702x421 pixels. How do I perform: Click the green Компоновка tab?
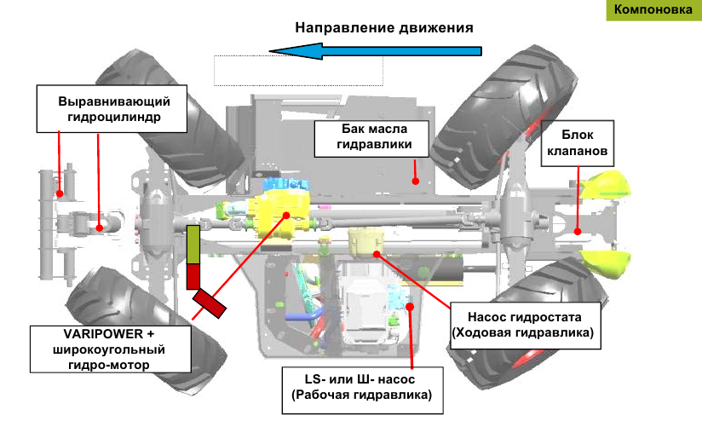pos(652,10)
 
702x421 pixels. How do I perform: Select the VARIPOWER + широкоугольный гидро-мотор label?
pos(109,349)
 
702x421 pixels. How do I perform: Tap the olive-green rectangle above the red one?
pos(193,245)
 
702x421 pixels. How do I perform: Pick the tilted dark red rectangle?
pos(210,303)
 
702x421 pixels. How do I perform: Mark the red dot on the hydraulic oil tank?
pos(416,181)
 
